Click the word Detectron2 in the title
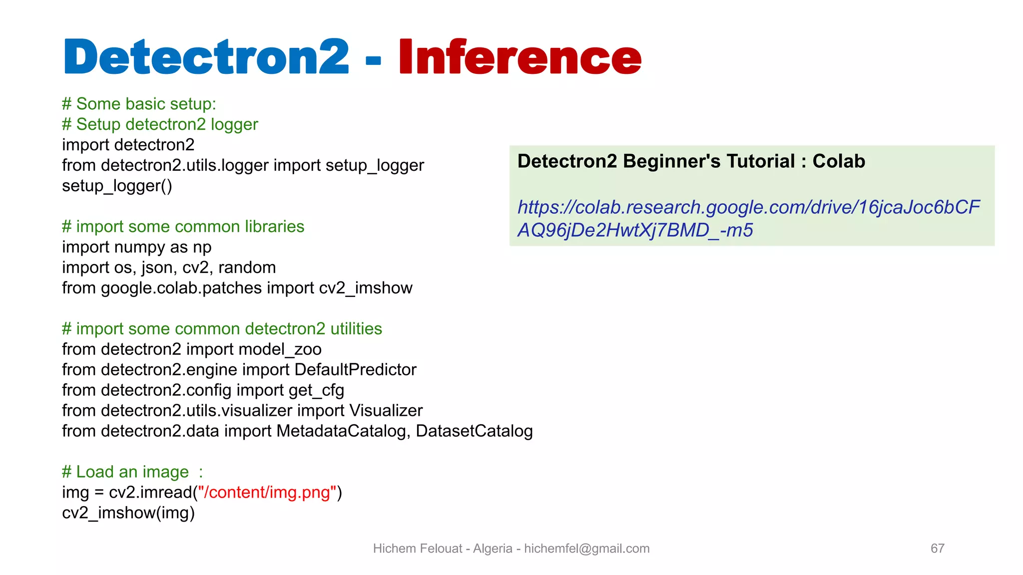(206, 57)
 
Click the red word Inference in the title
(519, 57)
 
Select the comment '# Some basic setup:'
(139, 104)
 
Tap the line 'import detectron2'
(128, 145)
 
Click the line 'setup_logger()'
(117, 186)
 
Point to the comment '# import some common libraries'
(183, 227)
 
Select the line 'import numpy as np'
(136, 247)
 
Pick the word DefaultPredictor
(355, 370)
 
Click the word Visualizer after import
(386, 411)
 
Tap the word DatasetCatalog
(474, 431)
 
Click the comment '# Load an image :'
(132, 472)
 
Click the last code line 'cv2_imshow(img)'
(128, 513)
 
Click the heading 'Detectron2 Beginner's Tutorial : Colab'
(691, 161)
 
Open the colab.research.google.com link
(748, 208)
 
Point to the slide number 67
(937, 549)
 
